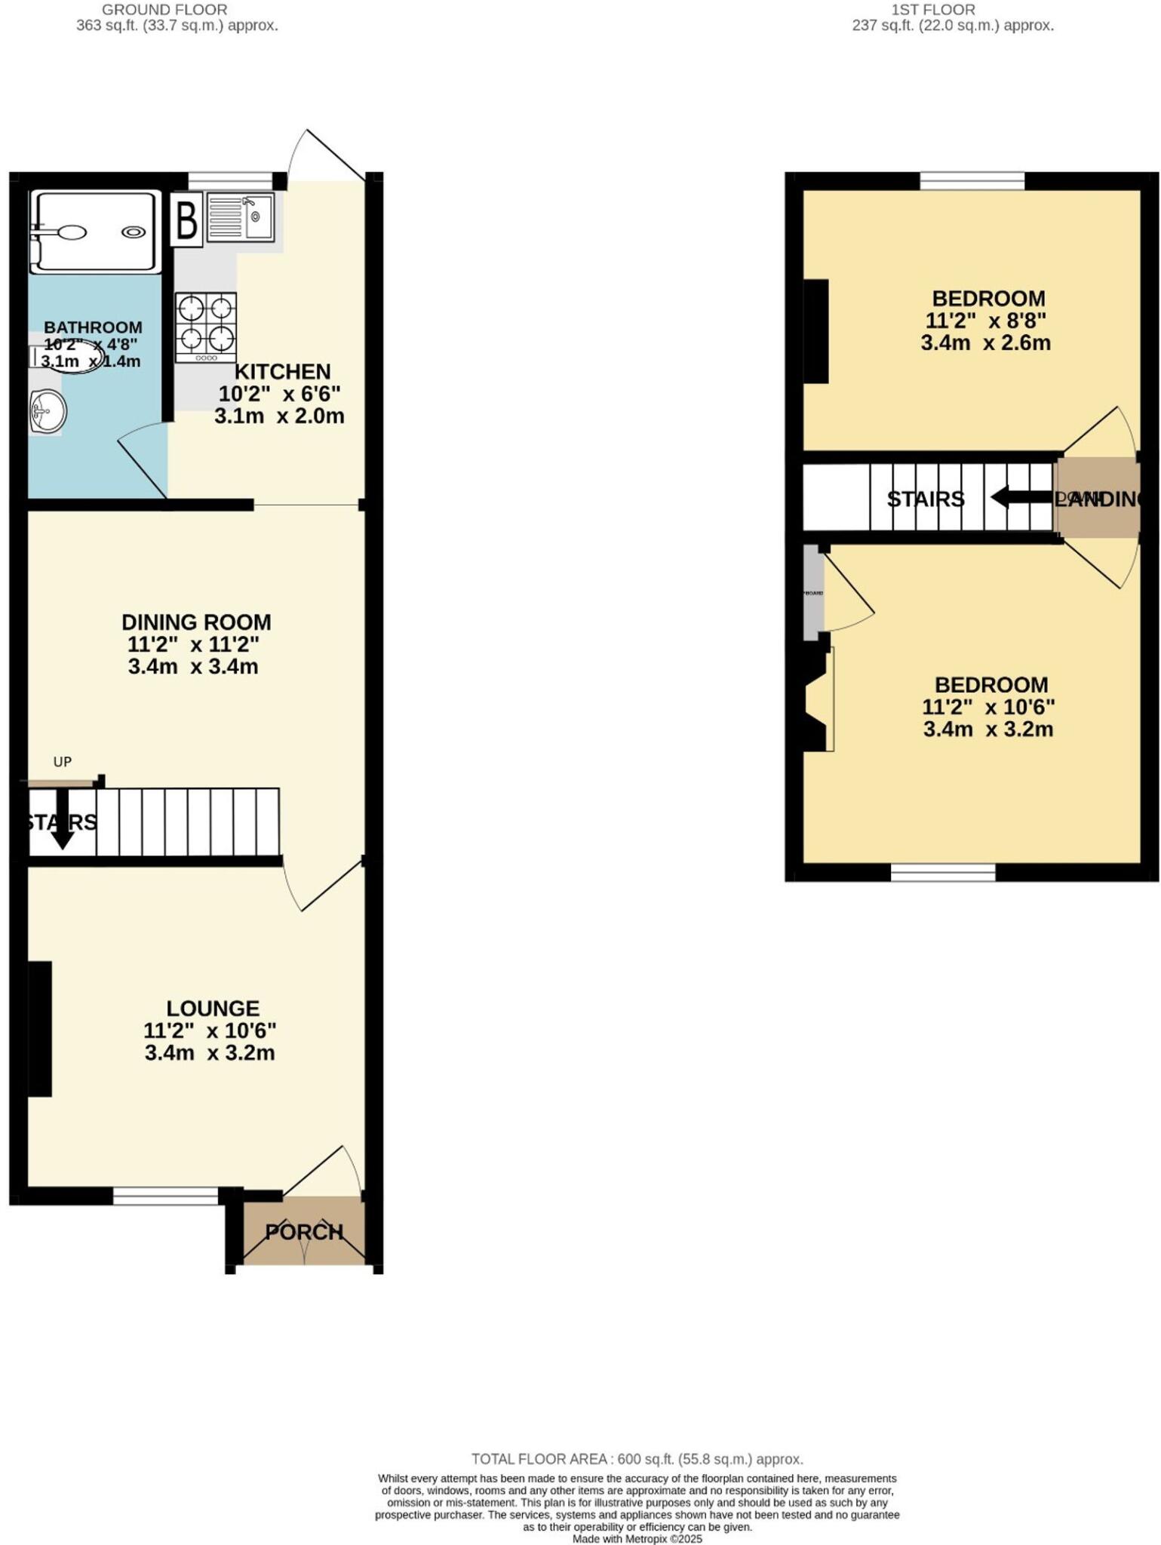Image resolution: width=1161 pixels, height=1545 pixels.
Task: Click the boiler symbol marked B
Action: point(186,220)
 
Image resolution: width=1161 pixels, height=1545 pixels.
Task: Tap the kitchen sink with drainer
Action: point(239,217)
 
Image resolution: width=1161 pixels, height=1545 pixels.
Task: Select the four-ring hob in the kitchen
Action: point(206,327)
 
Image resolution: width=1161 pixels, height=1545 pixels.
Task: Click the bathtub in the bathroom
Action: point(95,232)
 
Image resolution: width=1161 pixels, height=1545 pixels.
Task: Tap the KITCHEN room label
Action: point(282,372)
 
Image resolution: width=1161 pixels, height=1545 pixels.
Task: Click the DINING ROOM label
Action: point(196,622)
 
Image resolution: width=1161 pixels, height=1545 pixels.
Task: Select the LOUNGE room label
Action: point(213,1009)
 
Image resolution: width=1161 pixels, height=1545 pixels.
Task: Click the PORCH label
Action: point(304,1232)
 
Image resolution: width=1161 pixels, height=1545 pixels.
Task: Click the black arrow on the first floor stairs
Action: point(1022,498)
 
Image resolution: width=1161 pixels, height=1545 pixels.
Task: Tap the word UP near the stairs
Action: point(63,762)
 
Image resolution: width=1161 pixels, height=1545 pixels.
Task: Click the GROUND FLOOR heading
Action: point(164,10)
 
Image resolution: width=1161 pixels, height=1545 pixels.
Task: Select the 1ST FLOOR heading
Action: point(933,10)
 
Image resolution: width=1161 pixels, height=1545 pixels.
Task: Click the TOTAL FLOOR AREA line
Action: point(637,1459)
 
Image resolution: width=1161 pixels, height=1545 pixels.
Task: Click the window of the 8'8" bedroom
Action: point(972,181)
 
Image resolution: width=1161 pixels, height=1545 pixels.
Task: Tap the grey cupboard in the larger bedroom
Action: point(812,593)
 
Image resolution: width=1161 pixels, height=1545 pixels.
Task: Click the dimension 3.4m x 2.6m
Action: point(985,343)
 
